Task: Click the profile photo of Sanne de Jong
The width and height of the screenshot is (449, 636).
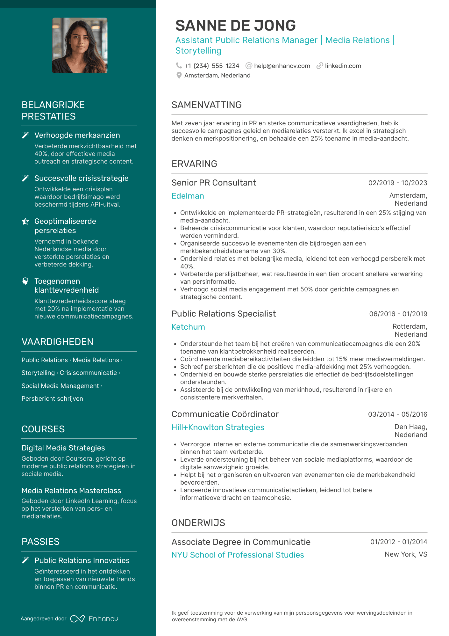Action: click(80, 45)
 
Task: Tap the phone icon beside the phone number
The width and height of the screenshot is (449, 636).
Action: click(179, 66)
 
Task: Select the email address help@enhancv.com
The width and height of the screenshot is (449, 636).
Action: click(282, 66)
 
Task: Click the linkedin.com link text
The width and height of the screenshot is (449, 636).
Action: click(343, 66)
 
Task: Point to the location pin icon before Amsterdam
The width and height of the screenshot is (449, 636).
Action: click(179, 75)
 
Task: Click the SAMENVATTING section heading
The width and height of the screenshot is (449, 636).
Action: click(206, 105)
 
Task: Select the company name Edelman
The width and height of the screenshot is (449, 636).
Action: click(188, 196)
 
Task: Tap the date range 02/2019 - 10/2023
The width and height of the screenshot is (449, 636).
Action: click(397, 183)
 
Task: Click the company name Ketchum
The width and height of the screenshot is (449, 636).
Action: click(188, 327)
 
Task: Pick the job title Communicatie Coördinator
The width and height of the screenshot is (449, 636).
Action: click(225, 414)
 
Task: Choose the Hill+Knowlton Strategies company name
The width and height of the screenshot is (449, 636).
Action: click(217, 427)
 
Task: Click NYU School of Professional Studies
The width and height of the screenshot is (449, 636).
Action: click(238, 555)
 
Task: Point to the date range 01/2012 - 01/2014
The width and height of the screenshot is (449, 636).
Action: click(398, 542)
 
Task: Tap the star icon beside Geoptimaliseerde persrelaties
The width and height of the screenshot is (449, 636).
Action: click(25, 221)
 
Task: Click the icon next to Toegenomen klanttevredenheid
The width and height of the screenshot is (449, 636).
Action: click(25, 281)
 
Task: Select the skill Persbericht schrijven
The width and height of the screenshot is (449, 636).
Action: click(52, 398)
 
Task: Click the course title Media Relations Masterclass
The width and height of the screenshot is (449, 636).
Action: click(71, 490)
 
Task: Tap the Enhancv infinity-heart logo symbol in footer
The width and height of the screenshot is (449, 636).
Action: click(77, 619)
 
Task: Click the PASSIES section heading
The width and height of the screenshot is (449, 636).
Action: click(40, 542)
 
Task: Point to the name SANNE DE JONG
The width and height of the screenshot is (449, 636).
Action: click(235, 26)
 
